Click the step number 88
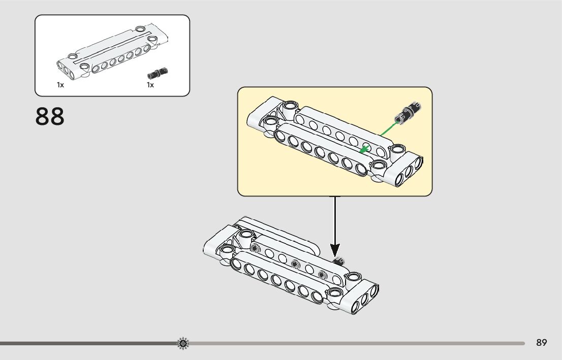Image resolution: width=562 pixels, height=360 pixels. click(x=50, y=116)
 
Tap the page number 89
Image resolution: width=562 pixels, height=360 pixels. click(x=541, y=343)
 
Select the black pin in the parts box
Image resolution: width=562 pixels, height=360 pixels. click(x=158, y=73)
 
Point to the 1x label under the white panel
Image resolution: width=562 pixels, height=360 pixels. click(x=60, y=85)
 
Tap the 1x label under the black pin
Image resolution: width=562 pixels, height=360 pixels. click(x=150, y=85)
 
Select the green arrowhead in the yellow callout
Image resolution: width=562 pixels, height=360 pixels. click(x=363, y=149)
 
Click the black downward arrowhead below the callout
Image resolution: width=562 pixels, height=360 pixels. click(x=335, y=250)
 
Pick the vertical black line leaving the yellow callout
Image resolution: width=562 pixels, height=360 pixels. click(x=335, y=218)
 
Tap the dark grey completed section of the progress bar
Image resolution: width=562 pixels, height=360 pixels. click(x=86, y=344)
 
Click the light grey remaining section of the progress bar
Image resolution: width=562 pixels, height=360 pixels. click(x=356, y=344)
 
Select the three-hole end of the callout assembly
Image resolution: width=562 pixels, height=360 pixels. click(x=406, y=171)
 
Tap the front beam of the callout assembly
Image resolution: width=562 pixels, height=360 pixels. click(x=320, y=152)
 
